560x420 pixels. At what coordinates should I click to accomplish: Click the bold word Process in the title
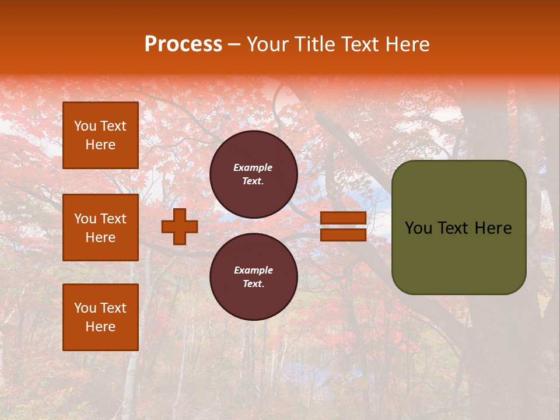[183, 44]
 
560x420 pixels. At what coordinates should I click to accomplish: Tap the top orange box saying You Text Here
[100, 135]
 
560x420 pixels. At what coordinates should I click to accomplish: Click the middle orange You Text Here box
[100, 228]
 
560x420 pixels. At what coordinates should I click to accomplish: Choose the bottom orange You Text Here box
[100, 317]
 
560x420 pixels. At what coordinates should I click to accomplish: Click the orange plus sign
[180, 226]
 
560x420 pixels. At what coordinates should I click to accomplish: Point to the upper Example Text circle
[253, 174]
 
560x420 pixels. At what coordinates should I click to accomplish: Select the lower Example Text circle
[253, 276]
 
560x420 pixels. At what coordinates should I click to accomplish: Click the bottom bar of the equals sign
[343, 235]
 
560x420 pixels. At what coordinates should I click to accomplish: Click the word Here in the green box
[493, 228]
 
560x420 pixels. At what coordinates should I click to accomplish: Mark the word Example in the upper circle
[253, 167]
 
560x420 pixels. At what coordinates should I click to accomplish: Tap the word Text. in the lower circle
[253, 284]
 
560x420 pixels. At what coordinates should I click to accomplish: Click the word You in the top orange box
[85, 126]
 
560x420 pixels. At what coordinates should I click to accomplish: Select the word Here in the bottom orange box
[100, 327]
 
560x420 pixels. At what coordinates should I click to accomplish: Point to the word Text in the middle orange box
[113, 219]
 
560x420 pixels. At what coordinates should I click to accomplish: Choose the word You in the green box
[418, 228]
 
